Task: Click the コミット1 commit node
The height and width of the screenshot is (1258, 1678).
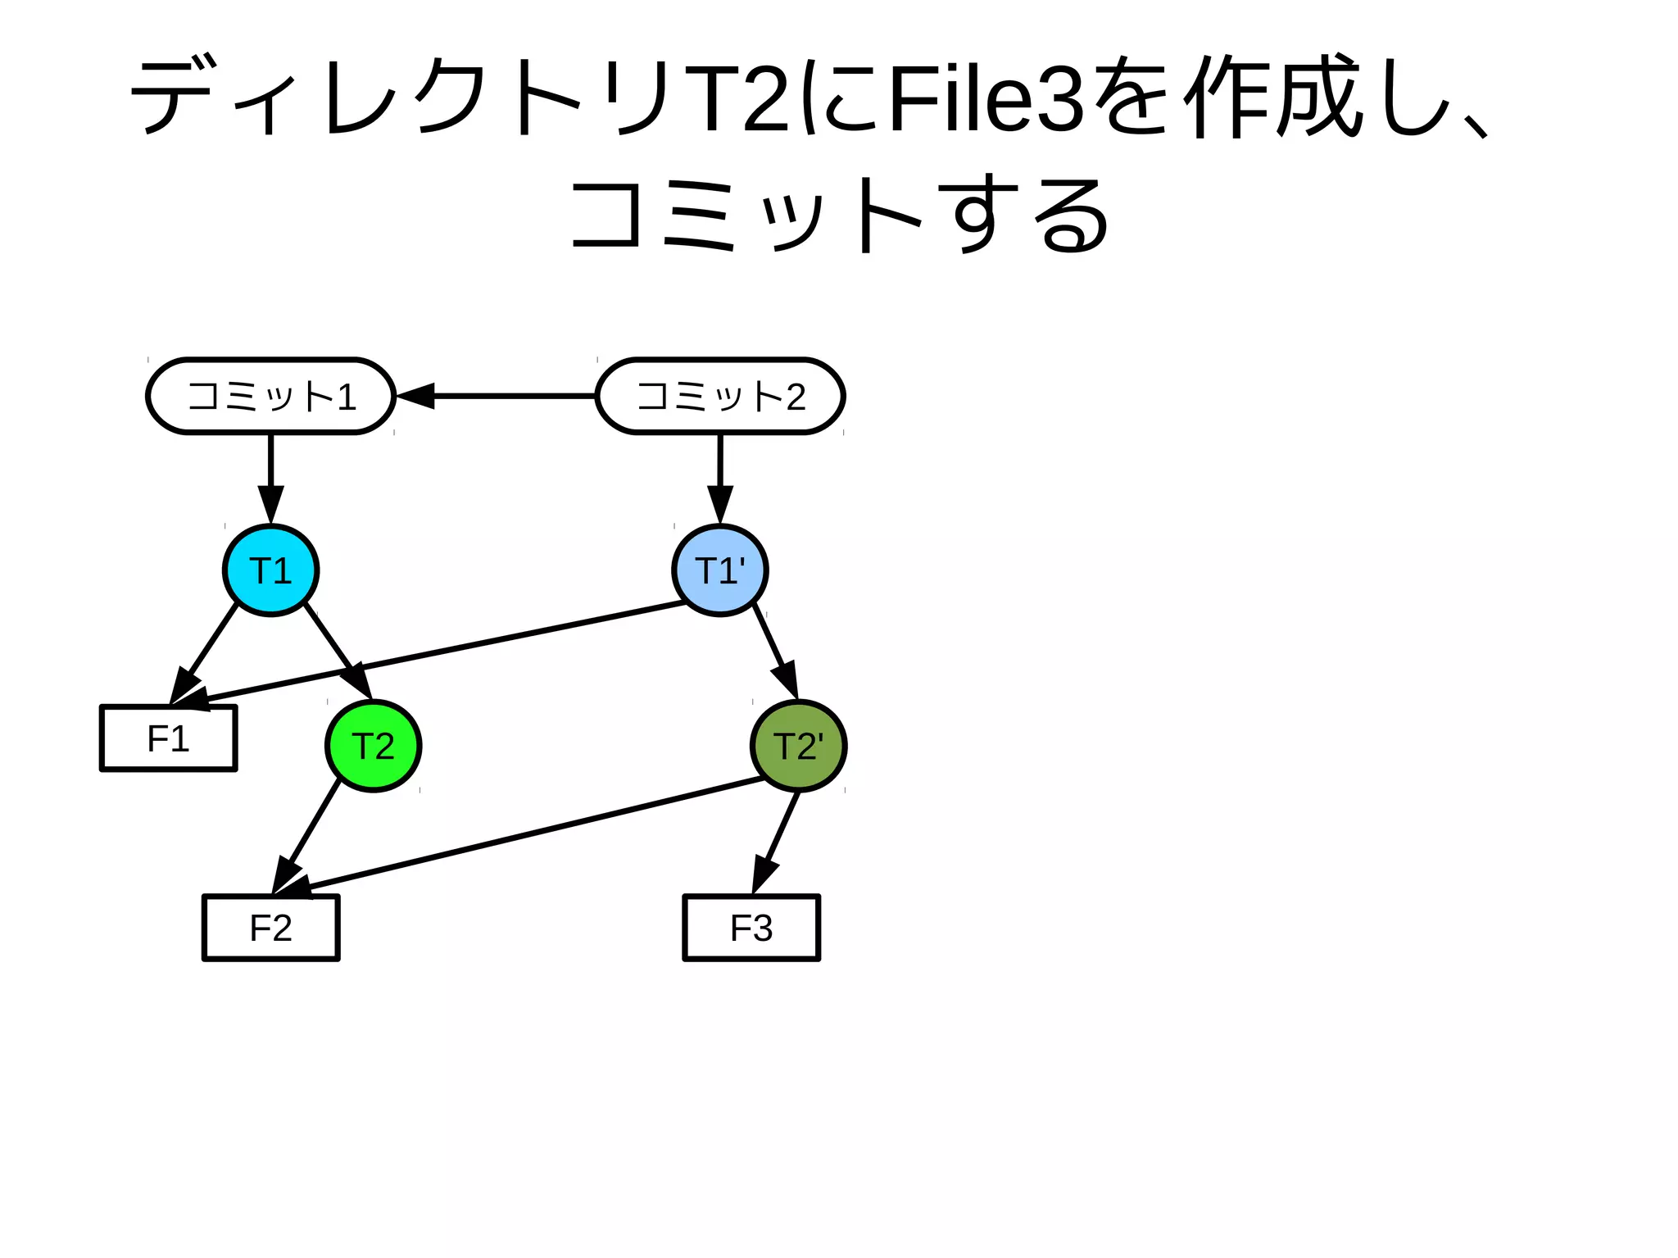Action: click(x=270, y=396)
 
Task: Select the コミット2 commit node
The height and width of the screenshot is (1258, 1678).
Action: click(x=720, y=396)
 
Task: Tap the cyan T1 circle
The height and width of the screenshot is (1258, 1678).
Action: click(x=270, y=570)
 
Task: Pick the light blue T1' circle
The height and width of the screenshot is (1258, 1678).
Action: click(x=720, y=570)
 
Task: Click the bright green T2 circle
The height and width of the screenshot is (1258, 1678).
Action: click(x=373, y=746)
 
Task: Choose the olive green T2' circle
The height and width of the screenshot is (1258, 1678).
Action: click(x=798, y=746)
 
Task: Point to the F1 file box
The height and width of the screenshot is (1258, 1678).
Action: click(x=168, y=738)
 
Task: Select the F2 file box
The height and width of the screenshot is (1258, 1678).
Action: click(x=270, y=928)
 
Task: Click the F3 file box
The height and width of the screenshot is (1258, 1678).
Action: click(x=751, y=928)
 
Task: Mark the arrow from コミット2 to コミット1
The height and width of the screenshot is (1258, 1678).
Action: click(x=500, y=396)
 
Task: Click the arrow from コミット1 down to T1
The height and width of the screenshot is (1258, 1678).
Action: click(x=270, y=475)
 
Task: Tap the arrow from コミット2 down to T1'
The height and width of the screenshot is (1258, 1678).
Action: click(x=720, y=475)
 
